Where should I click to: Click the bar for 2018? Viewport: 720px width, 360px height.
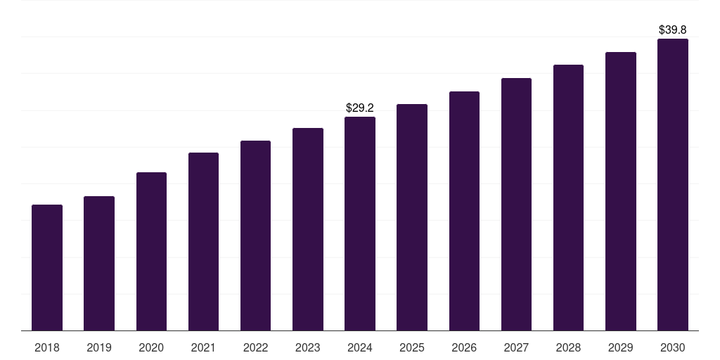click(x=47, y=267)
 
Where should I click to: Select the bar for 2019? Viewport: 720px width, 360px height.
click(x=99, y=263)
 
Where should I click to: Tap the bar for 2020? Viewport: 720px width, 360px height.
click(x=151, y=251)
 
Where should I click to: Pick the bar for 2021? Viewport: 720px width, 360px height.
click(x=203, y=241)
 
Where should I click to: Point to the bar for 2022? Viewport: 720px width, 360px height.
click(x=255, y=236)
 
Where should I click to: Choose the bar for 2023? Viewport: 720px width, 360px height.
click(x=308, y=229)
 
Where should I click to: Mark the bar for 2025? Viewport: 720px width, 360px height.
click(x=412, y=217)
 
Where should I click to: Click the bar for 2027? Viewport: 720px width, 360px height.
click(x=516, y=204)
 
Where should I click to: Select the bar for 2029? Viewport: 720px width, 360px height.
click(x=621, y=191)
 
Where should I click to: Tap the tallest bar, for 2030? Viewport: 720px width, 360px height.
click(x=673, y=184)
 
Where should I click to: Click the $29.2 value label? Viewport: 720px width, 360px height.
click(x=360, y=108)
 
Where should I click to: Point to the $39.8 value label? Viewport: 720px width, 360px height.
click(x=673, y=30)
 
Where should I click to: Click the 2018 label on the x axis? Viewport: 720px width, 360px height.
click(x=47, y=347)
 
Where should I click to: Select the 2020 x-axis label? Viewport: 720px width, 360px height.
click(x=151, y=347)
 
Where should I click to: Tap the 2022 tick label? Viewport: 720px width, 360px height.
click(x=255, y=347)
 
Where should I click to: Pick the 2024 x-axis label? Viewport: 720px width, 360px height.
click(x=360, y=347)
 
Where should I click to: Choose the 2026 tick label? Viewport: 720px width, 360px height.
click(x=464, y=347)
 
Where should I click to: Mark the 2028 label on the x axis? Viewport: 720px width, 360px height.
click(x=568, y=347)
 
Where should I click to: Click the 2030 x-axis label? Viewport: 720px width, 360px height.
click(x=673, y=347)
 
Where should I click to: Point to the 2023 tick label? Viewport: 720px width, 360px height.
click(x=308, y=347)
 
